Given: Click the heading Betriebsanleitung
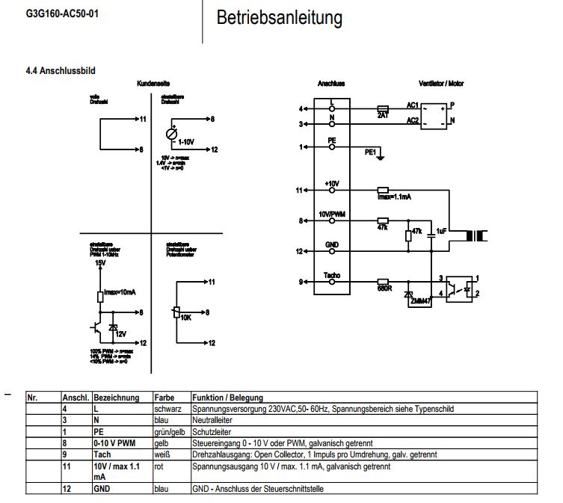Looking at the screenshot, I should pyautogui.click(x=279, y=18).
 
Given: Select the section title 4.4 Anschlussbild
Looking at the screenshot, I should pyautogui.click(x=61, y=70).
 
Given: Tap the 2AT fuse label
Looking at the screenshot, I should pyautogui.click(x=382, y=116).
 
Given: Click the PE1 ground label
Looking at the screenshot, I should pyautogui.click(x=370, y=152).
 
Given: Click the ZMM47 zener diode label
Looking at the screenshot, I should pyautogui.click(x=420, y=301).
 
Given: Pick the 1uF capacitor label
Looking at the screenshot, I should pyautogui.click(x=441, y=232).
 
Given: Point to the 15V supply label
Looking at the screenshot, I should pyautogui.click(x=100, y=263).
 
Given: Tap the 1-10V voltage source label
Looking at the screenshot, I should pyautogui.click(x=186, y=141).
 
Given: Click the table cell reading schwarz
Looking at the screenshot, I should pyautogui.click(x=167, y=409).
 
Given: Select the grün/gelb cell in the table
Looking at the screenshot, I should pyautogui.click(x=169, y=431).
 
